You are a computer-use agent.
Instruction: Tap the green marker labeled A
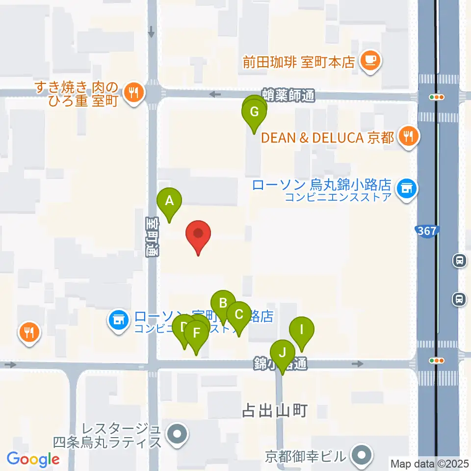pyautogui.click(x=169, y=202)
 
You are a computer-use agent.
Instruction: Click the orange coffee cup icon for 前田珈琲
pyautogui.click(x=369, y=61)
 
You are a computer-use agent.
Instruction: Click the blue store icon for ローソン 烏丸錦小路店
pyautogui.click(x=406, y=189)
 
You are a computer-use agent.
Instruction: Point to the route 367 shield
pyautogui.click(x=427, y=231)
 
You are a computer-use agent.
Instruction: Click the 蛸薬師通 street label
pyautogui.click(x=288, y=96)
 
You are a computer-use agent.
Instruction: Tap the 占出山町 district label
pyautogui.click(x=274, y=411)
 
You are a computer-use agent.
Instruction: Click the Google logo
pyautogui.click(x=33, y=459)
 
